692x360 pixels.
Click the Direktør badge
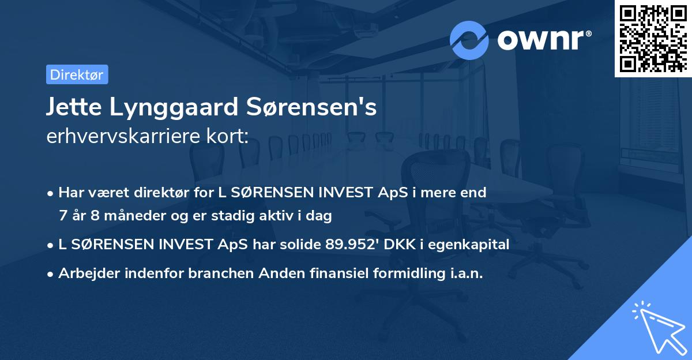[x=77, y=75]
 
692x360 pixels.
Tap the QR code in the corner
[x=653, y=38]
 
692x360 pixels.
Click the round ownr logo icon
[x=469, y=40]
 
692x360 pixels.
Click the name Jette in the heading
[x=73, y=107]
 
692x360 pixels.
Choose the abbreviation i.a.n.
[x=462, y=273]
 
